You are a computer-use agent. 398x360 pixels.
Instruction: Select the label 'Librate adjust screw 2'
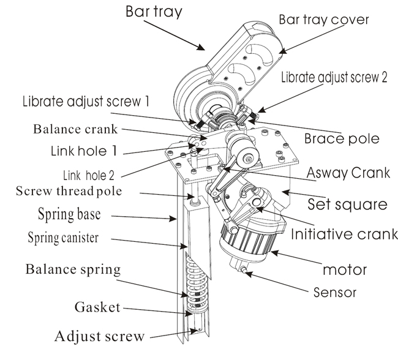(334, 78)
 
